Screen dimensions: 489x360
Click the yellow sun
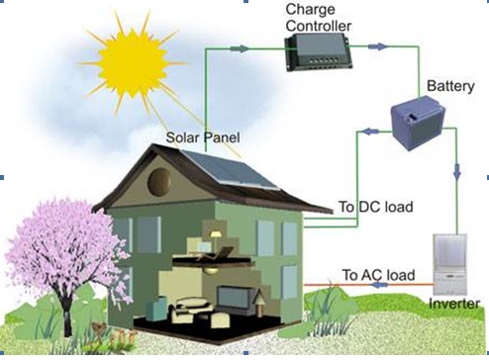click(133, 62)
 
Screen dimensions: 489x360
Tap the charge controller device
click(319, 52)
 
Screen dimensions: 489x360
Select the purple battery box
click(418, 123)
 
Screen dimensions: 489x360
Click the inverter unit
click(449, 264)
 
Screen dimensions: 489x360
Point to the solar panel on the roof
click(230, 170)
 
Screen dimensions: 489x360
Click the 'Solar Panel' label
click(203, 137)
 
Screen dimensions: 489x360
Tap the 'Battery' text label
click(450, 86)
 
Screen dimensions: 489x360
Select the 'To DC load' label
click(376, 207)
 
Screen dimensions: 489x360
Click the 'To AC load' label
click(378, 275)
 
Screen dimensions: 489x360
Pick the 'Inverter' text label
click(454, 304)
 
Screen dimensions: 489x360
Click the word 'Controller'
click(319, 26)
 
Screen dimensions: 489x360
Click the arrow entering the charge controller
click(240, 49)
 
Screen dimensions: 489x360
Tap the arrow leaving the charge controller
click(377, 46)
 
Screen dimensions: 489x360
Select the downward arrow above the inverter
click(457, 172)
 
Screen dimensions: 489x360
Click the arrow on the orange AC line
click(379, 284)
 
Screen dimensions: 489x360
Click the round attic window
click(159, 182)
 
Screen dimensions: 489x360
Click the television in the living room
click(234, 297)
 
